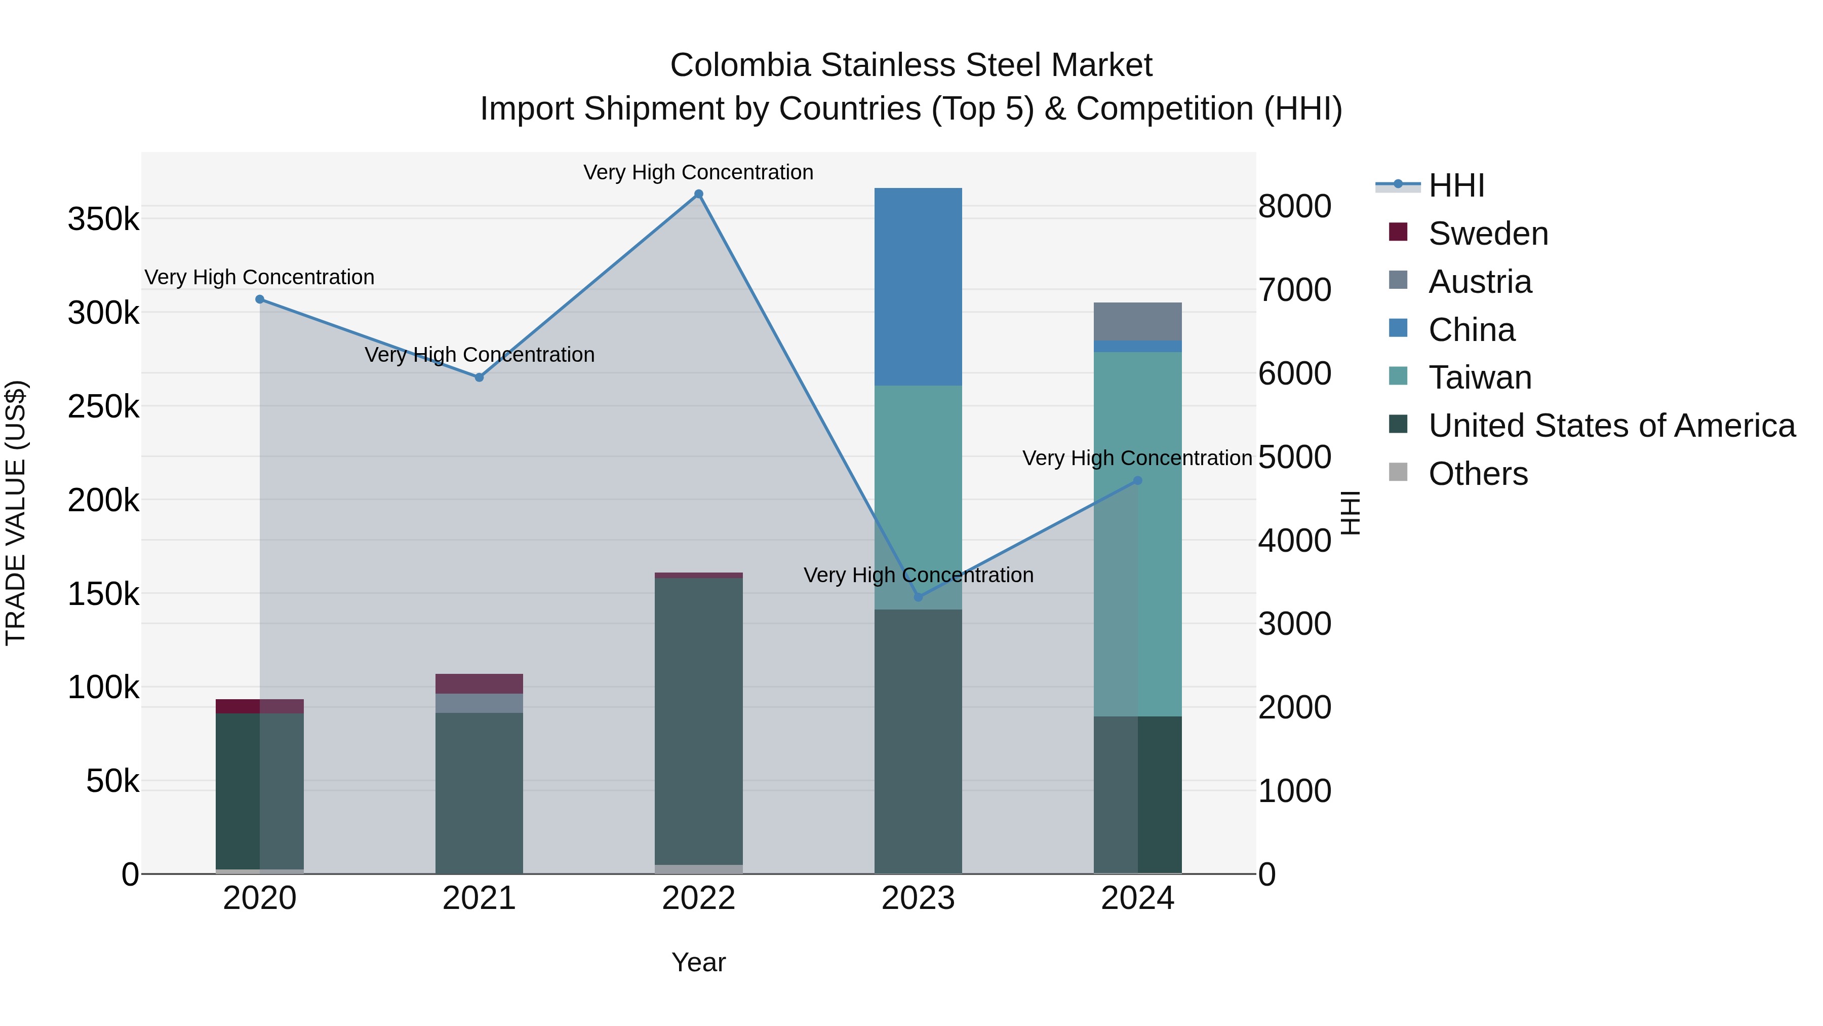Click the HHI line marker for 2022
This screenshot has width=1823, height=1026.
coord(698,194)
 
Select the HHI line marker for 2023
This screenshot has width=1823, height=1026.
coord(919,597)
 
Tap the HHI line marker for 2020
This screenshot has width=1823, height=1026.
coord(260,299)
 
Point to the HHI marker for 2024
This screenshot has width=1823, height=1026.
coord(1138,481)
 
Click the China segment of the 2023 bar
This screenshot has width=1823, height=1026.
coord(918,287)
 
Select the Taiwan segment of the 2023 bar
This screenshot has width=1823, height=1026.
coord(918,496)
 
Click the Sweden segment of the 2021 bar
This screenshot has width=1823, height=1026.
coord(479,683)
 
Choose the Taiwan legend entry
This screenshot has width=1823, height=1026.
coord(1479,377)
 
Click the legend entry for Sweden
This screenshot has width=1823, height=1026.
coord(1488,234)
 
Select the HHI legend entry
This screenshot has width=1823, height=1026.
coord(1456,185)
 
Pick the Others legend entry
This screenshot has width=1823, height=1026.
coord(1478,474)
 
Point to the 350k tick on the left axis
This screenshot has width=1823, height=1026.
coord(103,219)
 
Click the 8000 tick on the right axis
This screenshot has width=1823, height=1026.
coord(1294,207)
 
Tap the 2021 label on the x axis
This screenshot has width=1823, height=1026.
coord(479,898)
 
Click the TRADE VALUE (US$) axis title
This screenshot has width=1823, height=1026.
coord(16,513)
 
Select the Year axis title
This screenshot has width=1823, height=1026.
coord(698,962)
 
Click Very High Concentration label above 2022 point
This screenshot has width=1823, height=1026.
coord(698,172)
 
